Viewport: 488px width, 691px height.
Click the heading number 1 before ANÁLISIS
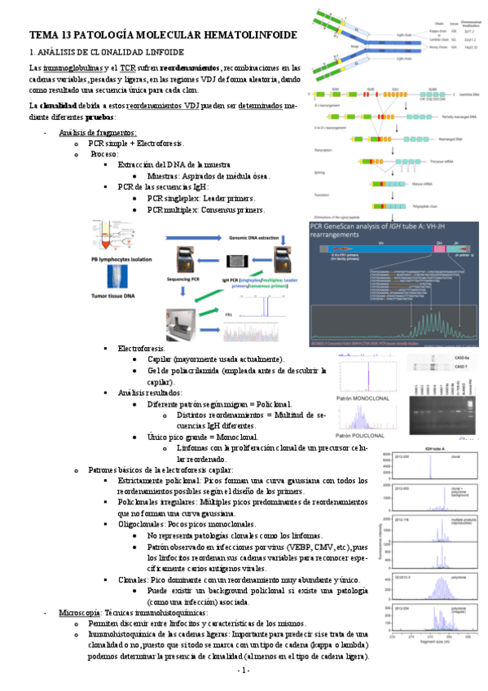(x=31, y=51)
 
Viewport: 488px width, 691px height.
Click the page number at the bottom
(x=243, y=670)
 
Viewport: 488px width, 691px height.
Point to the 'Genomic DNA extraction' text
(x=239, y=234)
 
